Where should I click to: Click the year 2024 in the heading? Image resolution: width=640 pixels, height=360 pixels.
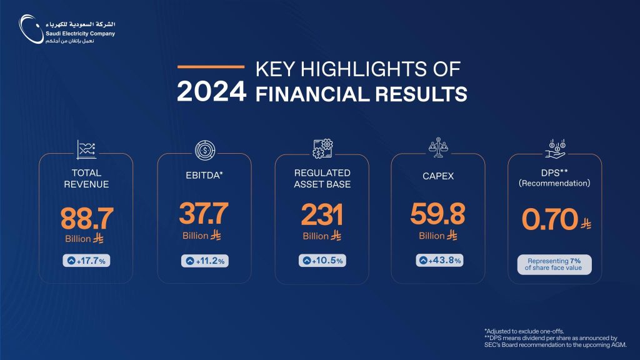pyautogui.click(x=211, y=92)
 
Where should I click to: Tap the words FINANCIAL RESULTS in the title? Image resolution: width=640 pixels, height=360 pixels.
pyautogui.click(x=361, y=94)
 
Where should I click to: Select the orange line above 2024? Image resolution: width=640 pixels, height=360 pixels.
pyautogui.click(x=211, y=66)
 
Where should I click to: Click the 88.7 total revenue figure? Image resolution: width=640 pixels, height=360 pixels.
pyautogui.click(x=87, y=219)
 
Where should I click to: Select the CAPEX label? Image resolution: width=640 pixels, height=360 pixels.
pyautogui.click(x=438, y=177)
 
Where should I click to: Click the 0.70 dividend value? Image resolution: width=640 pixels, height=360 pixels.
pyautogui.click(x=550, y=221)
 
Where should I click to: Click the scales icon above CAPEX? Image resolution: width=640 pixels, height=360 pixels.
pyautogui.click(x=438, y=147)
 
